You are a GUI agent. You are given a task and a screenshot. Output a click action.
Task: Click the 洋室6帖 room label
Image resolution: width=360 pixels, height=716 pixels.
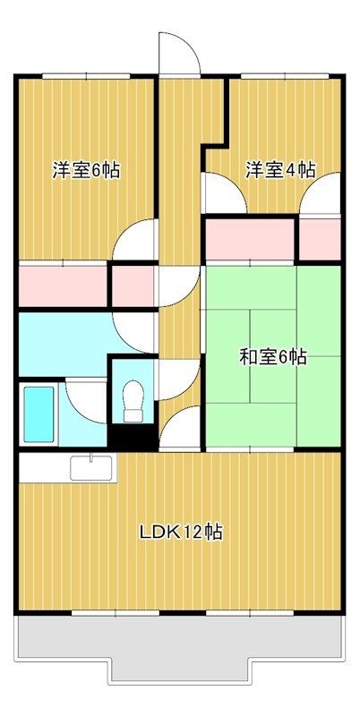pyautogui.click(x=86, y=170)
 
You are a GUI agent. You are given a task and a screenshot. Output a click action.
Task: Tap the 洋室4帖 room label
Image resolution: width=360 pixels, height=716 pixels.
pyautogui.click(x=280, y=169)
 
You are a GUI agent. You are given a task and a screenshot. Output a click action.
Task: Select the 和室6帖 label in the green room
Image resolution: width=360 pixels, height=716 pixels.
pyautogui.click(x=273, y=357)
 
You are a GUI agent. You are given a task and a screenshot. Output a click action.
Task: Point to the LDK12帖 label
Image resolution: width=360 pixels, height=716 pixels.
pyautogui.click(x=180, y=532)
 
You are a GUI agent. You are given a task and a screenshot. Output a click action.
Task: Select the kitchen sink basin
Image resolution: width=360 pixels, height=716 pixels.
pyautogui.click(x=91, y=466)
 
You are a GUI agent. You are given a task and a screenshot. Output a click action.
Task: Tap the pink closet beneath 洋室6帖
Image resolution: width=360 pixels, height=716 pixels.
pyautogui.click(x=63, y=285)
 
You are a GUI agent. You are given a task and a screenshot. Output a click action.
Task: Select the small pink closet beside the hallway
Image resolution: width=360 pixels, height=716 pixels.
pyautogui.click(x=133, y=285)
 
